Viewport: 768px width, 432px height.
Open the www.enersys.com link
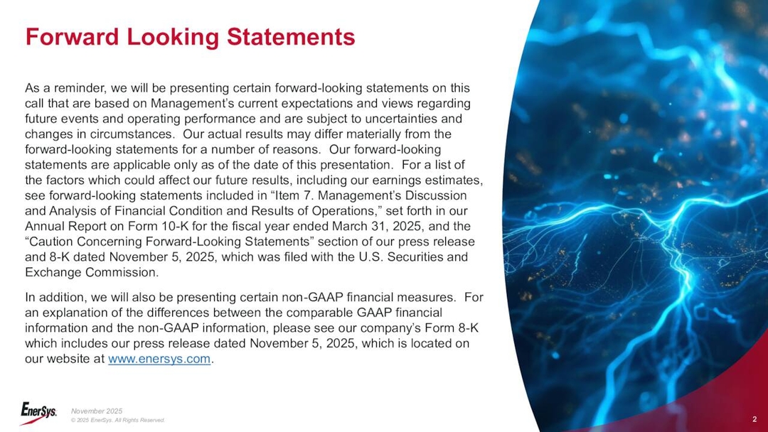[160, 360]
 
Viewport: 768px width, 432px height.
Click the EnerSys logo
[38, 411]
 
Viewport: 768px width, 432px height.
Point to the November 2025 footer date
[97, 411]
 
